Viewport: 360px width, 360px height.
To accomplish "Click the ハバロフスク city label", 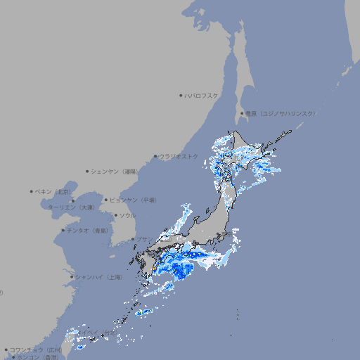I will [202, 96].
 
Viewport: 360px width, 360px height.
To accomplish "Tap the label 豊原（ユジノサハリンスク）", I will [281, 113].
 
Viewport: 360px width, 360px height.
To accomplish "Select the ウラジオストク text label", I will [179, 156].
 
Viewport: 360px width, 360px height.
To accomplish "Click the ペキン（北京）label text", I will [53, 191].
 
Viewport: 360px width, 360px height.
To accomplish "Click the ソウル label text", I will [127, 215].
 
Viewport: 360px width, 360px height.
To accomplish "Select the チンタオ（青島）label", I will [88, 230].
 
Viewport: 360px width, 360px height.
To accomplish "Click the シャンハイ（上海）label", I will [98, 277].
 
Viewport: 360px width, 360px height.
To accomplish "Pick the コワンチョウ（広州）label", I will [36, 349].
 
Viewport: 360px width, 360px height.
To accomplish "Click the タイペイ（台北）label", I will [98, 332].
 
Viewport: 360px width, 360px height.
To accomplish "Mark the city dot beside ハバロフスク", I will [181, 96].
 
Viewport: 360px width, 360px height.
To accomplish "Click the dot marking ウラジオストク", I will [155, 156].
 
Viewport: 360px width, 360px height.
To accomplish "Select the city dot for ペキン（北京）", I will [32, 191].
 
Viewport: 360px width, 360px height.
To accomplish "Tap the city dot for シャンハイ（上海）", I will [72, 277].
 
